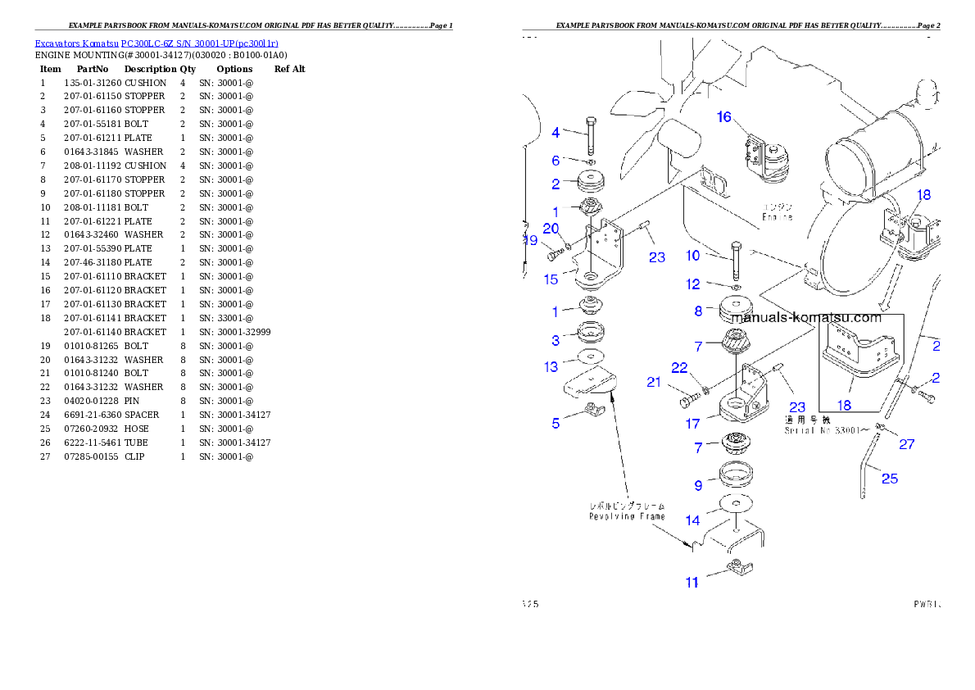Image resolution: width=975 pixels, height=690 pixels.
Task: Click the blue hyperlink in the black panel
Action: (156, 43)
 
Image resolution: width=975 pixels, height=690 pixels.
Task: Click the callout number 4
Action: (556, 132)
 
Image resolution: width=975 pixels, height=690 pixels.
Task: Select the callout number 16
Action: (723, 117)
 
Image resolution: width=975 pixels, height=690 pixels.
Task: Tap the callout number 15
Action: (551, 279)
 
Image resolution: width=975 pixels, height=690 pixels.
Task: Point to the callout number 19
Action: (530, 241)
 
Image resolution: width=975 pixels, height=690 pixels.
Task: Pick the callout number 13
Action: (551, 367)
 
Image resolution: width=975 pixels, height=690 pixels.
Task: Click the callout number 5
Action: (556, 424)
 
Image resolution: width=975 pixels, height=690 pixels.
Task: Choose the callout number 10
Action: (692, 256)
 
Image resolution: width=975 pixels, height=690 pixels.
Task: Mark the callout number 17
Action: (693, 424)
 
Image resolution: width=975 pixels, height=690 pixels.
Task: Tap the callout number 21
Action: (653, 382)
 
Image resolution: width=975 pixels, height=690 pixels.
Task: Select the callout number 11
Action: (692, 583)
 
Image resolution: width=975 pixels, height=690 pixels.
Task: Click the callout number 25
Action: (890, 479)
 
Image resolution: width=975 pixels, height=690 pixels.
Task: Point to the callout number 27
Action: (906, 445)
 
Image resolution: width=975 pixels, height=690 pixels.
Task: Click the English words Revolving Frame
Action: (627, 516)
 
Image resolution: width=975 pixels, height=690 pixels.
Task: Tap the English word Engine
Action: (777, 217)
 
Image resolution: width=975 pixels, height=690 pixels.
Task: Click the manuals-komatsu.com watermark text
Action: (806, 318)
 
